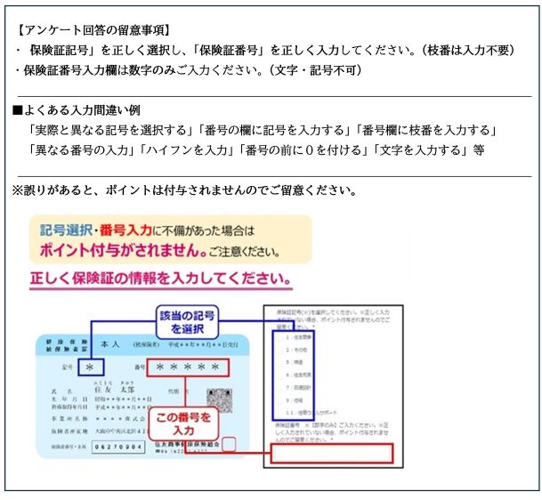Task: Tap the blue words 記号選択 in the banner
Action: click(68, 230)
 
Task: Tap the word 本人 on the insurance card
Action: click(110, 343)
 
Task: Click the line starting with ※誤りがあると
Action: click(183, 190)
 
